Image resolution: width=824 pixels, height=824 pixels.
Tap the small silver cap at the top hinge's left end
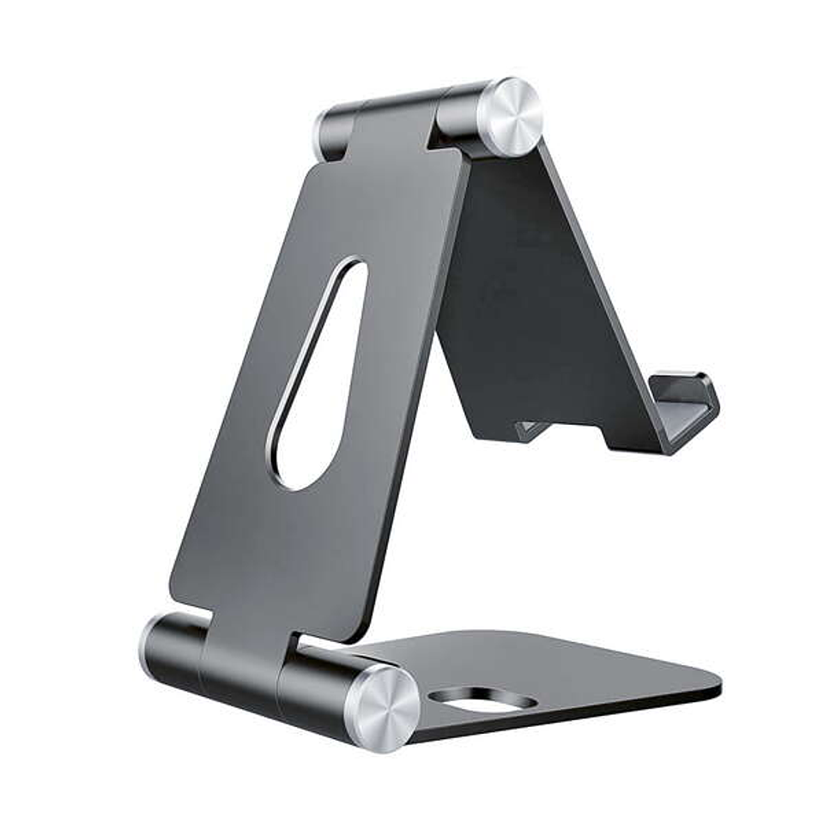[x=323, y=135]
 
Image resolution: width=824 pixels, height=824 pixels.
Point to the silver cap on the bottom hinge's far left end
[x=146, y=646]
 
